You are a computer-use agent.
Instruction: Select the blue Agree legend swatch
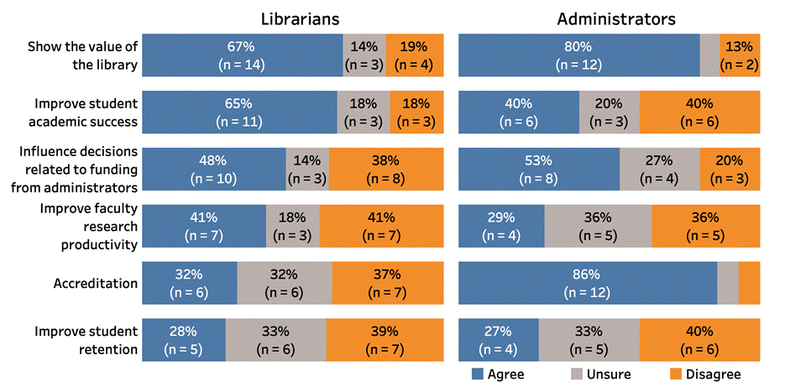click(x=477, y=374)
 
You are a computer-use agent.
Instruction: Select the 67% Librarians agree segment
click(x=242, y=55)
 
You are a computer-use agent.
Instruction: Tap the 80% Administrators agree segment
click(x=578, y=55)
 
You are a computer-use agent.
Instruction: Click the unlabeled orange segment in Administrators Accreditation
click(x=749, y=283)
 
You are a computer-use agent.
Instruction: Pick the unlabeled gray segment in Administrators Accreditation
click(x=728, y=283)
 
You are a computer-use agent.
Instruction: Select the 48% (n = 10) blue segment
click(x=214, y=169)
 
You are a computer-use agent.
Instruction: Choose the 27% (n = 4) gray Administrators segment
click(x=659, y=169)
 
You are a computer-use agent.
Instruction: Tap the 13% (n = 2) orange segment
click(x=740, y=55)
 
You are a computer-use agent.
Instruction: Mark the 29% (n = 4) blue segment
click(x=501, y=226)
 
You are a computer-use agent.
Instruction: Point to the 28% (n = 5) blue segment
click(x=184, y=340)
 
